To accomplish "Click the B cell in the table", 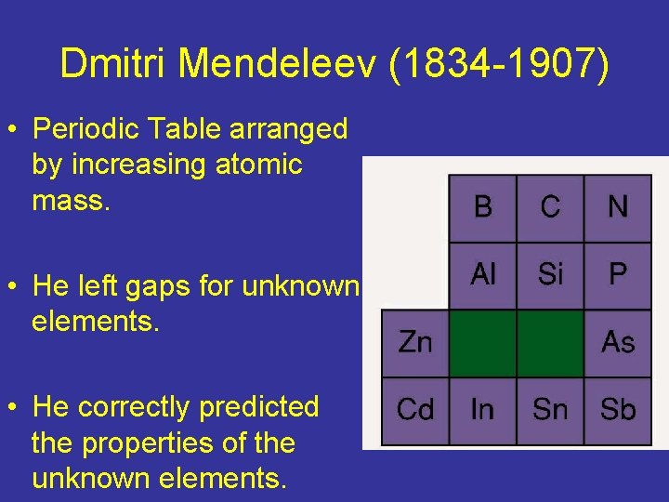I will point(482,207).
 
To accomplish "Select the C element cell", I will point(550,207).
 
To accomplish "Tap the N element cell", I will point(618,207).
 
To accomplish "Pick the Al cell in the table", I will point(482,275).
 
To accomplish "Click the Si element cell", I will point(550,275).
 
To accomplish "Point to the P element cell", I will point(618,275).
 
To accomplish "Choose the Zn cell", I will point(415,343).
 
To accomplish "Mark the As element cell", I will point(618,343).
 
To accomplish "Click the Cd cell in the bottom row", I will point(415,410).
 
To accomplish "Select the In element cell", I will point(482,410).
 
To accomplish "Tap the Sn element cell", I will point(550,410).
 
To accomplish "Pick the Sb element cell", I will point(618,410).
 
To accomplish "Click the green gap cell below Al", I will point(482,343).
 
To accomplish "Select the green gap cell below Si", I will point(550,343).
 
